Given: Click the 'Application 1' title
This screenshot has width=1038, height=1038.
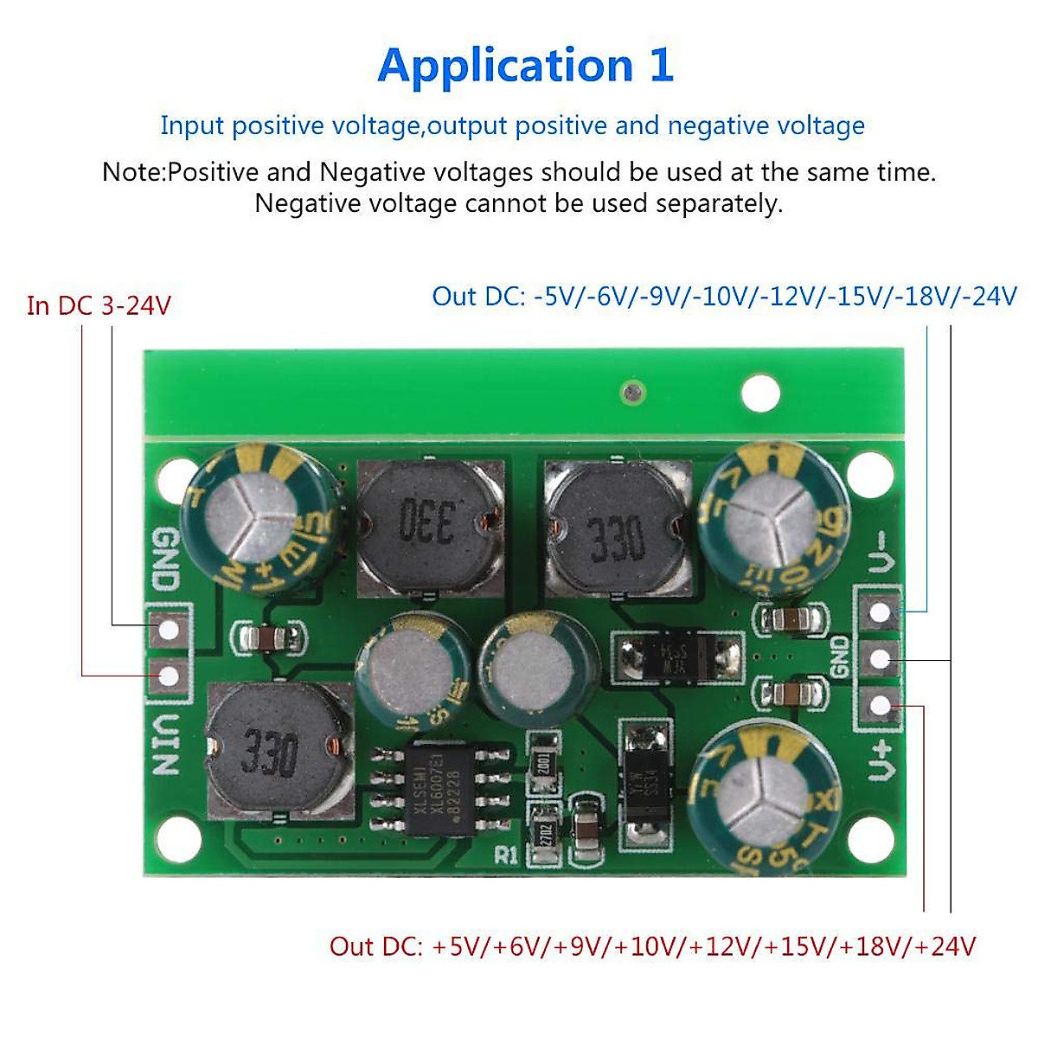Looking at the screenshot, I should tap(525, 66).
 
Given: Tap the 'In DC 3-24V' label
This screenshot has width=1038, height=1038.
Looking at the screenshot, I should tap(99, 306).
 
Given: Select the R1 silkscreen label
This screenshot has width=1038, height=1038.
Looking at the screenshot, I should tap(506, 855).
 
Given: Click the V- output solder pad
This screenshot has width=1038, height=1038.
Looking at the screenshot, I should tap(880, 612).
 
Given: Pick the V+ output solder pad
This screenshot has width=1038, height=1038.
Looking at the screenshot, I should tap(880, 706).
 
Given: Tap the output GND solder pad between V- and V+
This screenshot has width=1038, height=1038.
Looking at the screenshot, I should tap(880, 659).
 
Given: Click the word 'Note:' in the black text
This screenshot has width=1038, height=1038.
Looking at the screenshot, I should tap(133, 172).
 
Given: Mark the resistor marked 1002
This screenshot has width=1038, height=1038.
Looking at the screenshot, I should tap(543, 763).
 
